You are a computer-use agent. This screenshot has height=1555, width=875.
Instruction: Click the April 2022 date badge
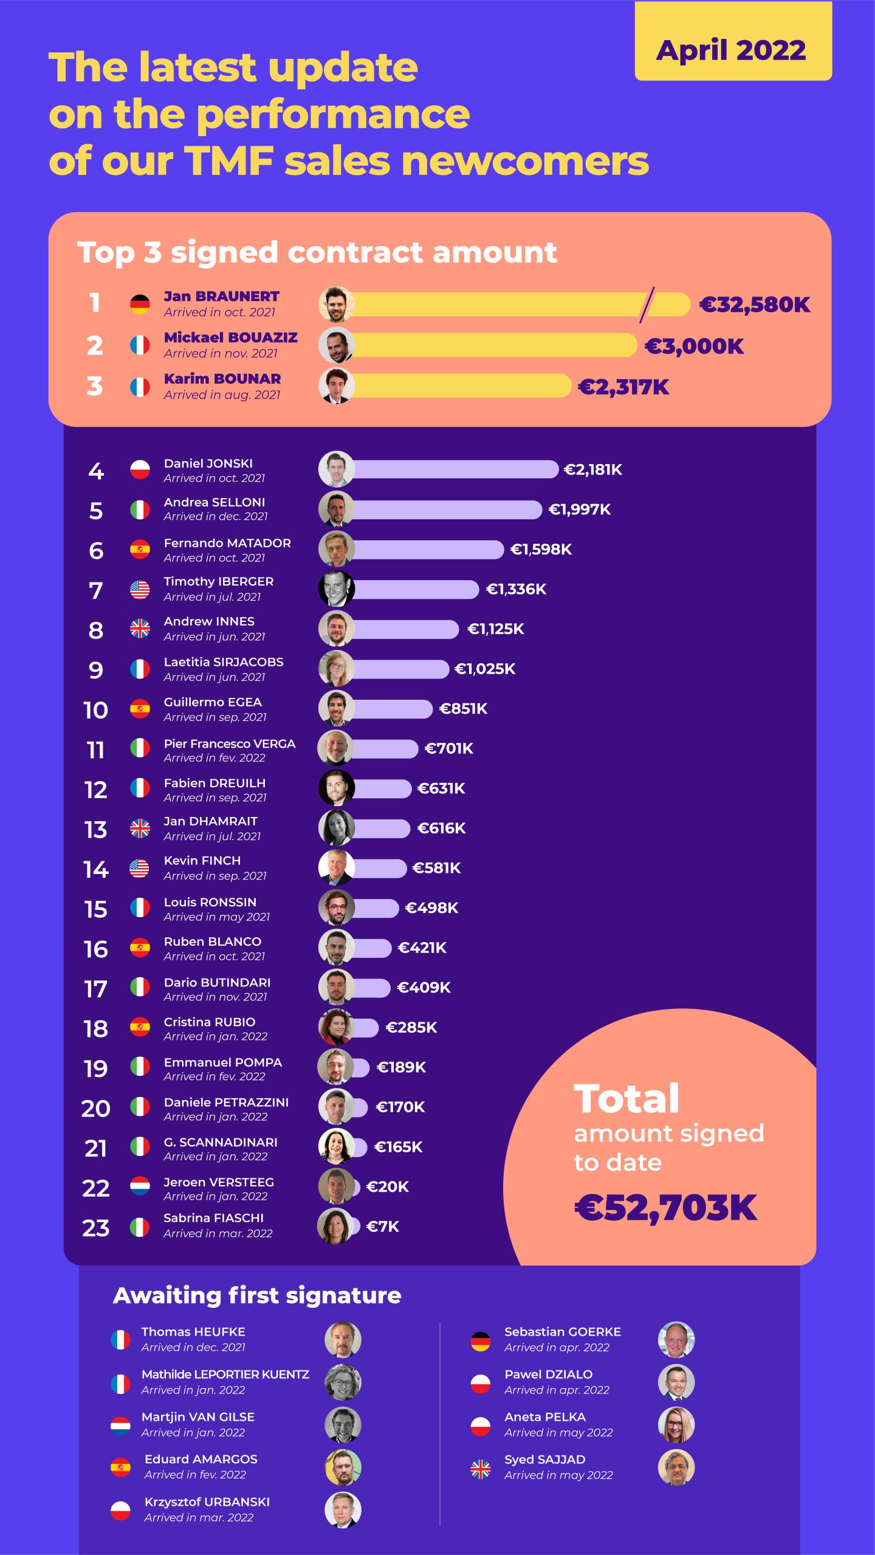[x=733, y=50]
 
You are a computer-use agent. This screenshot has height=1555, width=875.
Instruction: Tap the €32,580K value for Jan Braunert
[x=755, y=304]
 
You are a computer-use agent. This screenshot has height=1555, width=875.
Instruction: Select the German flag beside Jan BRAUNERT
[x=140, y=304]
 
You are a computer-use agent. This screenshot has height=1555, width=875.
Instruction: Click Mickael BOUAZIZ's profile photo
[x=336, y=346]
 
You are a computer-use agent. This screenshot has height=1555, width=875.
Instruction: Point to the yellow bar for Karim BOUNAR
[x=462, y=386]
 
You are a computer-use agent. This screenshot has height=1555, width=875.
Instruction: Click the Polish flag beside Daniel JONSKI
[x=140, y=470]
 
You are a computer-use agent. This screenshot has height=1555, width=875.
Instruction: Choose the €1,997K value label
[x=579, y=510]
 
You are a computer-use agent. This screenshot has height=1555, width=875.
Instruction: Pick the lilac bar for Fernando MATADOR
[x=428, y=550]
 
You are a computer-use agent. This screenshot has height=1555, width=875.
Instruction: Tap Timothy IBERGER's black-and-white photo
[x=336, y=589]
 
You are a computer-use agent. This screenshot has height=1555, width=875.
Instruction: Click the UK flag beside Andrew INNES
[x=140, y=629]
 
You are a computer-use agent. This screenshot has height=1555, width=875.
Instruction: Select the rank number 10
[x=95, y=710]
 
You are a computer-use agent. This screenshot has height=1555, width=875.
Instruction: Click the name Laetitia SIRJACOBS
[x=224, y=662]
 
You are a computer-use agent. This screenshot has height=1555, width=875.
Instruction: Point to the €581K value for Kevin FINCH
[x=436, y=868]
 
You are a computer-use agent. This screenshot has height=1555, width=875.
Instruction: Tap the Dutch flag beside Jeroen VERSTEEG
[x=140, y=1186]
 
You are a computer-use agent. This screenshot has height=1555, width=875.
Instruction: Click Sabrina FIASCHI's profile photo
[x=335, y=1226]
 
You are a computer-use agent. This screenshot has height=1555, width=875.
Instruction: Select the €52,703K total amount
[x=666, y=1208]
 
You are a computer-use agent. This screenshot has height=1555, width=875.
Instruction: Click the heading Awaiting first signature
[x=257, y=1296]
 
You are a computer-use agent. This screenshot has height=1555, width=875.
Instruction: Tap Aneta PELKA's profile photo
[x=676, y=1425]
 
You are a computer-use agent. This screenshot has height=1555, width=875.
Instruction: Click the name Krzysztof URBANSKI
[x=207, y=1502]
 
